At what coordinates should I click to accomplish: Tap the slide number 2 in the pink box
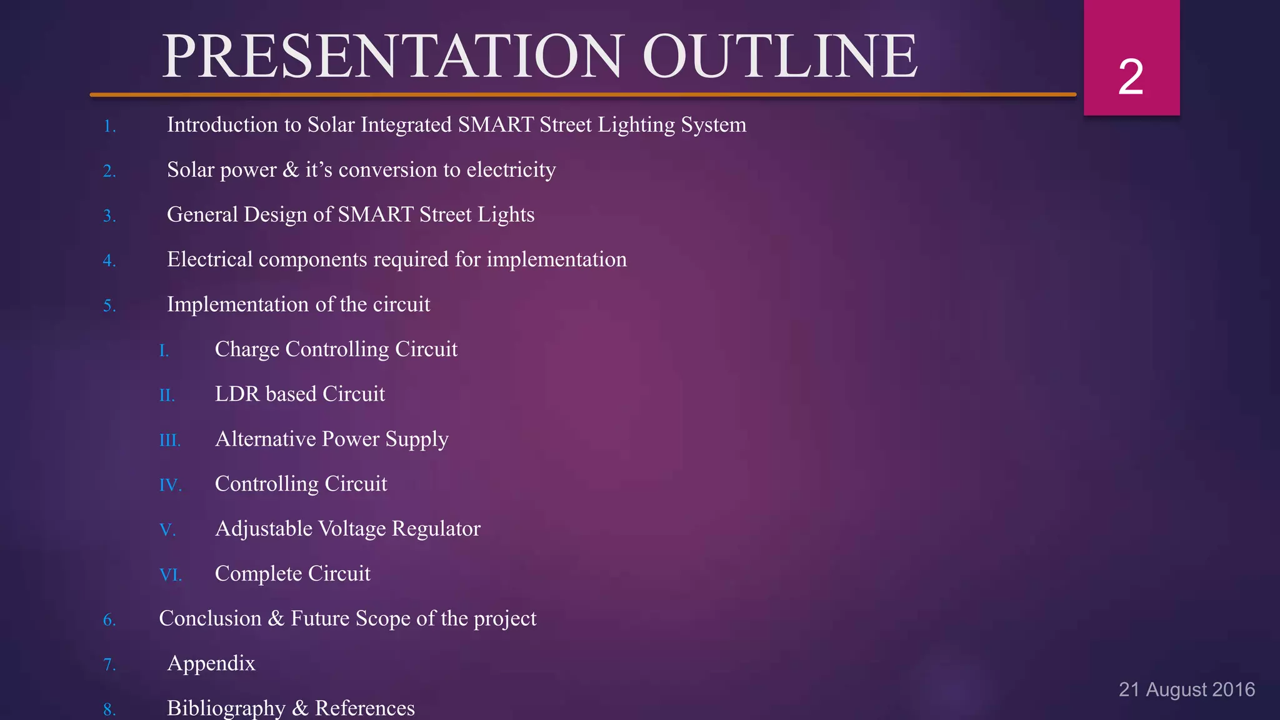(x=1131, y=77)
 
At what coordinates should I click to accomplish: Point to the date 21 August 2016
(x=1186, y=689)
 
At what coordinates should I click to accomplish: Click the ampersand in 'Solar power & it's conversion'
(x=291, y=170)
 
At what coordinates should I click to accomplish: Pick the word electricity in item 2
(x=511, y=170)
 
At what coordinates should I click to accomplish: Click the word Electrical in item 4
(x=209, y=259)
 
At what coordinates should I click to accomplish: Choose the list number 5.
(x=109, y=306)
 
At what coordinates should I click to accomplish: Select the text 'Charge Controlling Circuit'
(x=336, y=349)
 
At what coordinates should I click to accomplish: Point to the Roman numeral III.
(x=169, y=441)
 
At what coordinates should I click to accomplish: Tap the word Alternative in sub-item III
(x=265, y=439)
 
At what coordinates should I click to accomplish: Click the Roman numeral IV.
(x=170, y=486)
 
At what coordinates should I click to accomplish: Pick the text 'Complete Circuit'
(x=292, y=574)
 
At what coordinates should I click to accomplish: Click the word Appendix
(x=211, y=664)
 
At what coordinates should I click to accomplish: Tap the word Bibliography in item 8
(x=226, y=708)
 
